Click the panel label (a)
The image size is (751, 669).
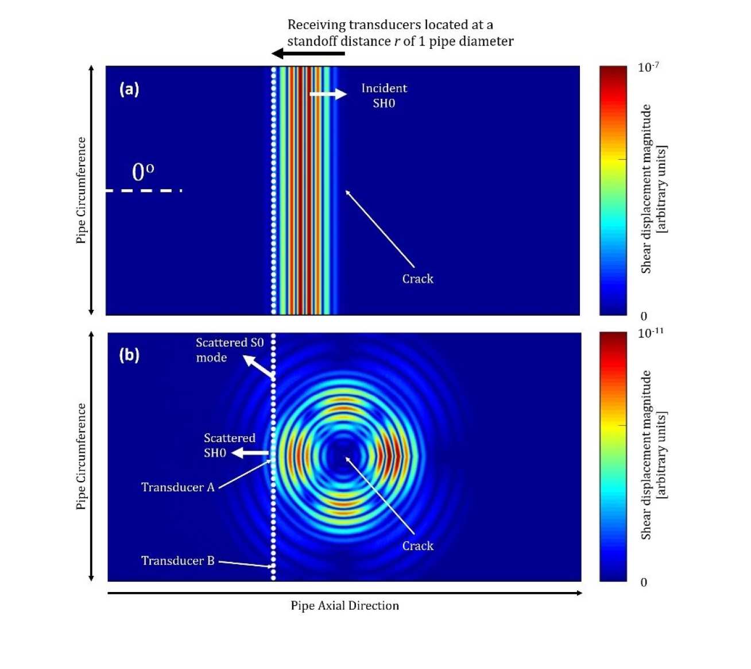click(x=129, y=89)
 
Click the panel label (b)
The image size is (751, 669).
click(x=129, y=355)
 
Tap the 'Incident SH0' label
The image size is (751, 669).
click(x=384, y=95)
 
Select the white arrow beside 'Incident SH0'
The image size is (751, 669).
click(x=328, y=94)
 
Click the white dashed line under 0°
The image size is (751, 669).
click(x=144, y=190)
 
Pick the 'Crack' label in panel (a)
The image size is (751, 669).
click(x=417, y=279)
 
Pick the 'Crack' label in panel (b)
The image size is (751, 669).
click(x=417, y=546)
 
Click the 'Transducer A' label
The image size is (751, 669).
click(x=177, y=487)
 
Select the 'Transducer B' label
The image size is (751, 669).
click(x=177, y=561)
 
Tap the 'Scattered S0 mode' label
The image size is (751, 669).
click(x=229, y=350)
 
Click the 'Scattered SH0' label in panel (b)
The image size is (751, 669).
click(x=229, y=445)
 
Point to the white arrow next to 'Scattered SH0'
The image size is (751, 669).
click(x=250, y=453)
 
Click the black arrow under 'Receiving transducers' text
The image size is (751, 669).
click(x=308, y=54)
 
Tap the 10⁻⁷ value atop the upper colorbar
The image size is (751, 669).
click(x=648, y=67)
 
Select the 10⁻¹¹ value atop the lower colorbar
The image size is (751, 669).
click(x=651, y=333)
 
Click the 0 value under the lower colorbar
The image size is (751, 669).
click(x=644, y=582)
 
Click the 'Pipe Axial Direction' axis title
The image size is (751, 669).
click(x=344, y=606)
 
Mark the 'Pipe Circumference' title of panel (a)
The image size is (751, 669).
click(x=81, y=190)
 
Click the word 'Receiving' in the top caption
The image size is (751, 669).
click(x=313, y=25)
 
